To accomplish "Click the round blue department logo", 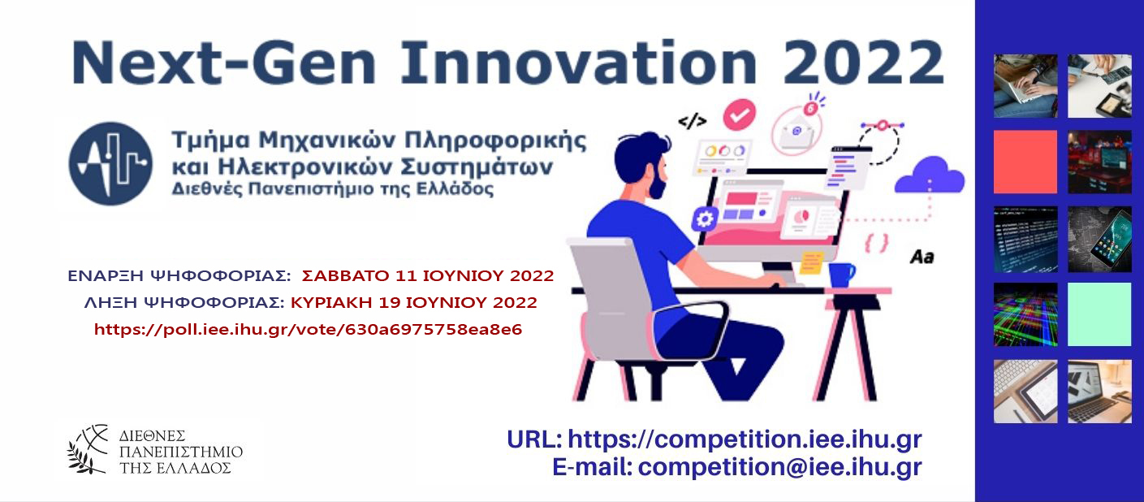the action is pos(110,163).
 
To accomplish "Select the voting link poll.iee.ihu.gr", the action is pos(308,329).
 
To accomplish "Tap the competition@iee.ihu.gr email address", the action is pos(780,467).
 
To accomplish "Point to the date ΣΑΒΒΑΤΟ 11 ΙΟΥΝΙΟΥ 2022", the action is pos(428,276).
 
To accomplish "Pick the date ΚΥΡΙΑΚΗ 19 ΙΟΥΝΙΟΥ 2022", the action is pos(414,303).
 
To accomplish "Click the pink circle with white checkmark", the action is pos(740,115).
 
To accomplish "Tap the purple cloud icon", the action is pos(930,175).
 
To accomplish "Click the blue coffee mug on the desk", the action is pos(841,275).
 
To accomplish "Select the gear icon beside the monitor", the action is pos(705,219).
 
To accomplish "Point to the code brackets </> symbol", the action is pos(693,122).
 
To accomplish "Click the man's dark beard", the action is pos(658,185).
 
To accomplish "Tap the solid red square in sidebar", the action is pos(1025,162).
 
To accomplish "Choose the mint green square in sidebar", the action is pos(1099,314).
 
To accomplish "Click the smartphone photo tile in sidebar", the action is pos(1099,239).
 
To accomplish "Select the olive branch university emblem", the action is pos(88,450).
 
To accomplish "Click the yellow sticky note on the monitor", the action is pos(811,262).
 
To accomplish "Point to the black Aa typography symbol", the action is pos(922,257).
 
